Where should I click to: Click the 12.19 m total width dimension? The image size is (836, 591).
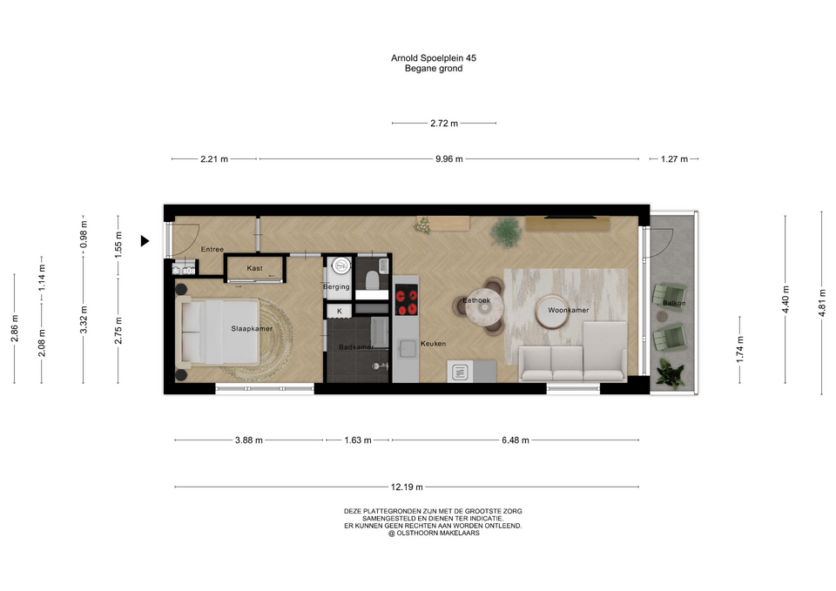coord(407,487)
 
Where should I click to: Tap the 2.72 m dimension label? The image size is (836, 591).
coord(444,123)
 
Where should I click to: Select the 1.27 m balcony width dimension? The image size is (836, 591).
coord(674,158)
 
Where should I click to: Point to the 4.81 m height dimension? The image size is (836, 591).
coord(821,303)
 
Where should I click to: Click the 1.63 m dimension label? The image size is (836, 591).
coord(358,440)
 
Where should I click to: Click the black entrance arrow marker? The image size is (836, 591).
coord(145,241)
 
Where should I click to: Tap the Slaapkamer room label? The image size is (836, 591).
coord(252,328)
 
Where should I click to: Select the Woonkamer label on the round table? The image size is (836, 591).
coord(569,310)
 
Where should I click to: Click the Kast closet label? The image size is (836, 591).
coord(255,268)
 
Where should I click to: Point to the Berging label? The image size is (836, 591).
coord(336,286)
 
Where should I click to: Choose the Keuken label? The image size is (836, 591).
coord(433,344)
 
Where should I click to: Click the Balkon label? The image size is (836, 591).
coord(674,303)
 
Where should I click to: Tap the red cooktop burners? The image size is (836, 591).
coord(407,300)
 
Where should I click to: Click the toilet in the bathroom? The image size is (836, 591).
coord(372,279)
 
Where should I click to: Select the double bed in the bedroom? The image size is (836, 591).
coord(218,332)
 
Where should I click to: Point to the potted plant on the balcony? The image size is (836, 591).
coord(670,373)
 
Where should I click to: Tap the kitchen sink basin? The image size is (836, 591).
coord(408,350)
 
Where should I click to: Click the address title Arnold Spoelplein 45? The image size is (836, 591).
coord(434,58)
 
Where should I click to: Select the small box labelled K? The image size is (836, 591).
coord(340,311)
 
